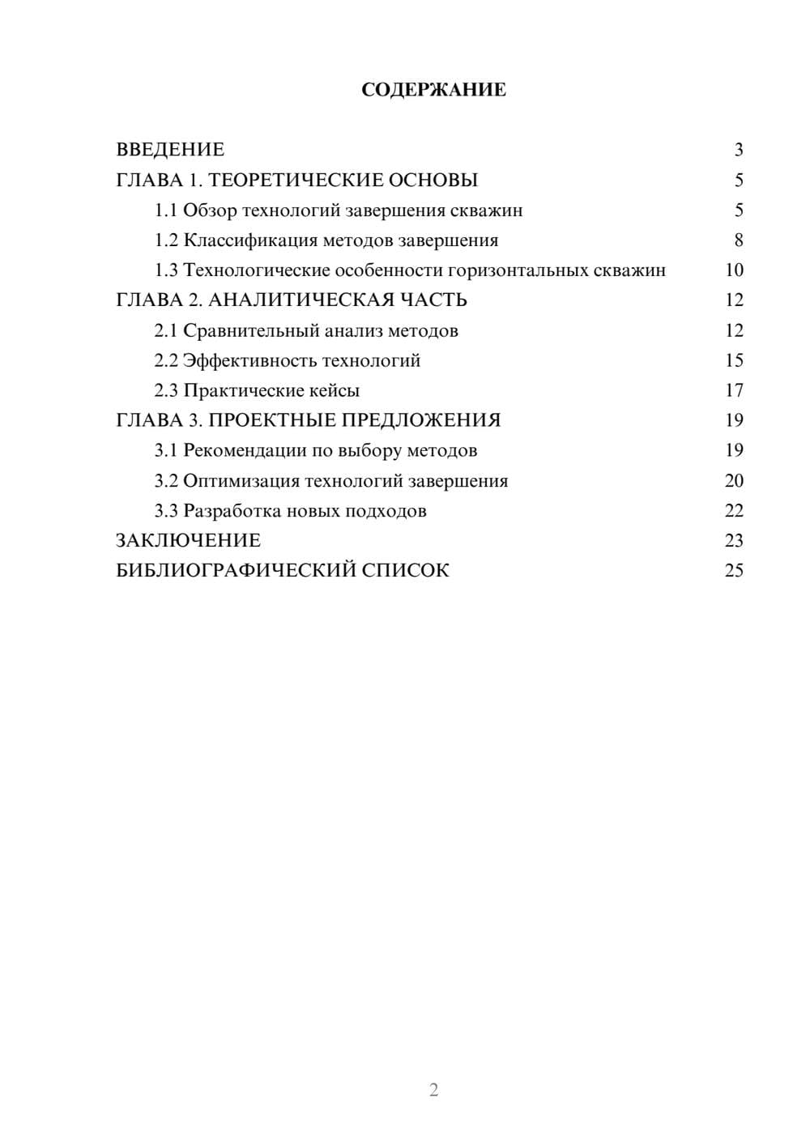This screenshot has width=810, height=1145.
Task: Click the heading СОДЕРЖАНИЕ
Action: coord(433,90)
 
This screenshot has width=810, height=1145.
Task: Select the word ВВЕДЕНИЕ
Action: coord(170,150)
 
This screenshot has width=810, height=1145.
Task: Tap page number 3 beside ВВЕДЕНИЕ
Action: coord(738,150)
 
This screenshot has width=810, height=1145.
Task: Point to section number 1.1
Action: coord(166,211)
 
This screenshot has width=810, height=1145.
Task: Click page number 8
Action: coord(738,240)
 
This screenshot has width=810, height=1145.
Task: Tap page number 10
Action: coord(734,270)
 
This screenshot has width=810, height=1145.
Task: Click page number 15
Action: coord(734,360)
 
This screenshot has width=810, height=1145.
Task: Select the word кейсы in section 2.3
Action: coord(335,390)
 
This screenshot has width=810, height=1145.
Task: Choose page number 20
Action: coord(734,481)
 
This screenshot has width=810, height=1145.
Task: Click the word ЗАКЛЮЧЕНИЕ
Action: coord(188,541)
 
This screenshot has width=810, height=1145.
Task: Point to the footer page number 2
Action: coord(433,1090)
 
